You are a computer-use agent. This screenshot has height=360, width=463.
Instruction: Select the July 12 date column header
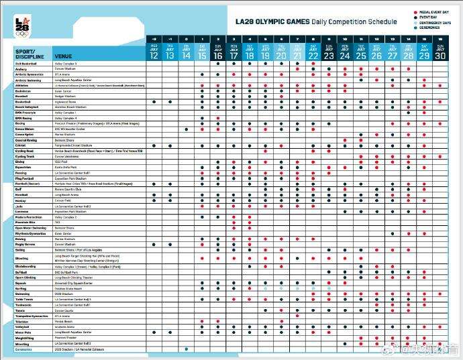click(154, 52)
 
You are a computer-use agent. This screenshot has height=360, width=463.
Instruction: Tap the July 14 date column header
click(186, 52)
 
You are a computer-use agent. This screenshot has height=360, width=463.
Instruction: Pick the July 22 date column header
click(313, 52)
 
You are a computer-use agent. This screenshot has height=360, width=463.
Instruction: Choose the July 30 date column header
click(440, 52)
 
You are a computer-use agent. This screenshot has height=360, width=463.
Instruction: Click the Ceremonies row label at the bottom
click(24, 349)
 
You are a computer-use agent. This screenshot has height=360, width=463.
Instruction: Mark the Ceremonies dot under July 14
click(186, 349)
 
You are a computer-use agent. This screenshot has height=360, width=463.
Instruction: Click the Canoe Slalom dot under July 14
click(186, 129)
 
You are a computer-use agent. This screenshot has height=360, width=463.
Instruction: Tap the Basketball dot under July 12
click(154, 101)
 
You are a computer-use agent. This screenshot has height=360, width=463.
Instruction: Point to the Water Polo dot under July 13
click(170, 332)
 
